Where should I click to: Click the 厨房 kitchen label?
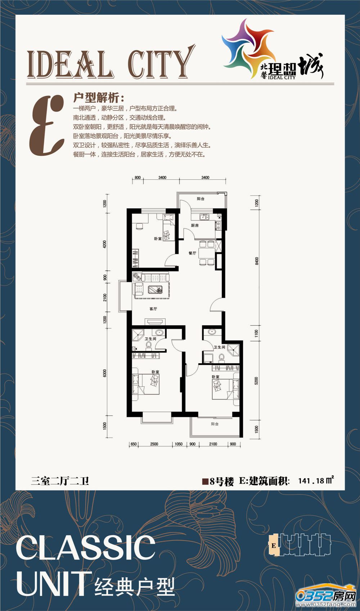click(195, 226)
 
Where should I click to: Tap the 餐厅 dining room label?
click(192, 253)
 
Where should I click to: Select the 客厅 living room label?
click(153, 309)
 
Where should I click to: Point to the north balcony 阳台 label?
click(201, 199)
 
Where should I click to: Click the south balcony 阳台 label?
click(215, 424)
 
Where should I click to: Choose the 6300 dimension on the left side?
click(105, 373)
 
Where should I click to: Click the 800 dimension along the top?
click(138, 178)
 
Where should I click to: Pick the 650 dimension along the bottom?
click(134, 444)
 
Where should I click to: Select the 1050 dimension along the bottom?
click(179, 444)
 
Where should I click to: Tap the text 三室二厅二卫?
click(60, 481)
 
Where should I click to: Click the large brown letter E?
click(47, 125)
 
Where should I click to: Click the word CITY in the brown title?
click(161, 63)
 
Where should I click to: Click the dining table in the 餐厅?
click(207, 253)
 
